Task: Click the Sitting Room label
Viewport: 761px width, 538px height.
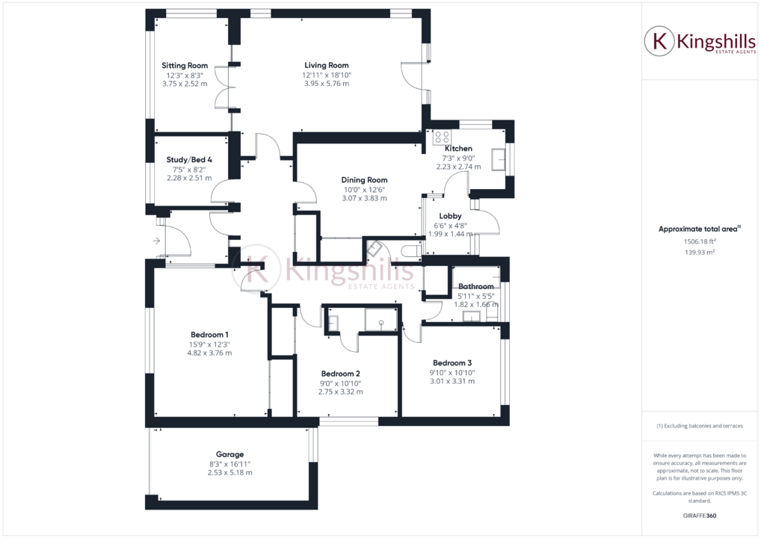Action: [x=185, y=66]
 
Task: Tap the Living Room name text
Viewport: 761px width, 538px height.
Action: [x=327, y=65]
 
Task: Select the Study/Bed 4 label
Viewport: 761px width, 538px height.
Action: [x=189, y=159]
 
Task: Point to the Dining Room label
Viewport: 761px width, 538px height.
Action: [x=364, y=179]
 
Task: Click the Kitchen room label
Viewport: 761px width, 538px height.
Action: [x=458, y=149]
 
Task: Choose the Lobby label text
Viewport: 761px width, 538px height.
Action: [x=450, y=216]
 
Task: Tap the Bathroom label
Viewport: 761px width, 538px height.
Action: [x=476, y=286]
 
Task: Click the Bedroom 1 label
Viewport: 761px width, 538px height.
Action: [x=209, y=334]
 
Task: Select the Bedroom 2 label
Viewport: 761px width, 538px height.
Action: [x=341, y=374]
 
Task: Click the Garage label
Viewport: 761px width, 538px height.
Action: [x=229, y=454]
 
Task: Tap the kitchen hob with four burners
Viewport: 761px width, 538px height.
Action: [x=442, y=137]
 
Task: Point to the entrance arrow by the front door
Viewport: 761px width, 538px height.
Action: [x=156, y=241]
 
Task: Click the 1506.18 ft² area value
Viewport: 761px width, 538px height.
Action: [x=700, y=241]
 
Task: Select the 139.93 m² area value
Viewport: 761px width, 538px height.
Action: [x=700, y=252]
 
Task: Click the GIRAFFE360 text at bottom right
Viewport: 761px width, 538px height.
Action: [x=700, y=516]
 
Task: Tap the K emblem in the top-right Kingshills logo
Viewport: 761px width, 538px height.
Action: [x=660, y=42]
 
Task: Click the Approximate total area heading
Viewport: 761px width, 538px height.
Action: [x=698, y=229]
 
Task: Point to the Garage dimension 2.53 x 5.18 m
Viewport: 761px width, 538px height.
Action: [x=229, y=472]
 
